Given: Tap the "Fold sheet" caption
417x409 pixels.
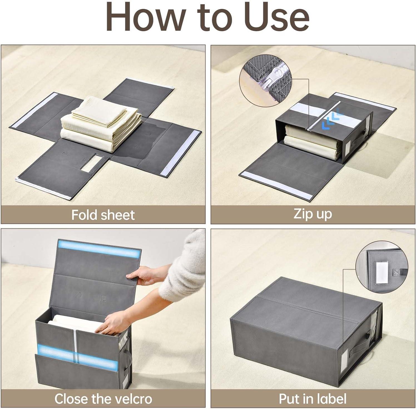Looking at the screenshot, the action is point(103,215).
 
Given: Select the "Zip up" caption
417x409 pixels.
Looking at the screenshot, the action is point(313,214).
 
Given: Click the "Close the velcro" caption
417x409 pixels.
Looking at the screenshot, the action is point(103,399).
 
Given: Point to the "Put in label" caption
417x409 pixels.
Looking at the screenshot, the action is point(313,399).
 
